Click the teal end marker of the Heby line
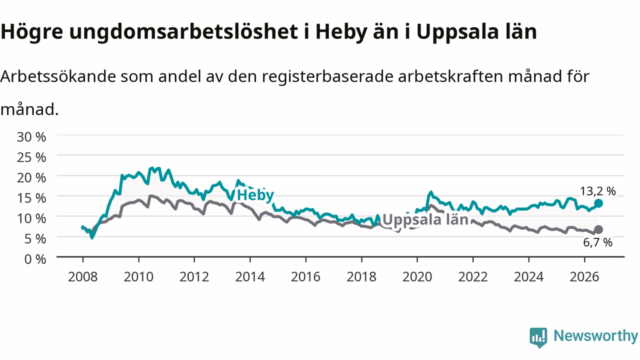(x=598, y=203)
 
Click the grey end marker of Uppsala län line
(x=598, y=229)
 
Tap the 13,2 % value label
(x=597, y=191)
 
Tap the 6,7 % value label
(x=597, y=242)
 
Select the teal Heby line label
(x=255, y=195)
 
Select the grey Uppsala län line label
(x=425, y=219)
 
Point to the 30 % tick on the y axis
(x=31, y=137)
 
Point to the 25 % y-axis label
(x=31, y=157)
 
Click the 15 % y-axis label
(x=31, y=198)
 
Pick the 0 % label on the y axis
(x=35, y=259)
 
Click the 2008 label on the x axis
(x=83, y=277)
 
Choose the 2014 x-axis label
(x=250, y=277)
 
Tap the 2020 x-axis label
(x=417, y=277)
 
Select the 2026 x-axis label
(x=584, y=277)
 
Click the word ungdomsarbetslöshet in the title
(x=183, y=32)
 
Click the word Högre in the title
(x=31, y=32)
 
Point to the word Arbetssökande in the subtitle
(x=58, y=76)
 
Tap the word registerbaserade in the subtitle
(x=327, y=77)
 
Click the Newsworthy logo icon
(x=538, y=337)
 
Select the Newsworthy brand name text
(x=595, y=336)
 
